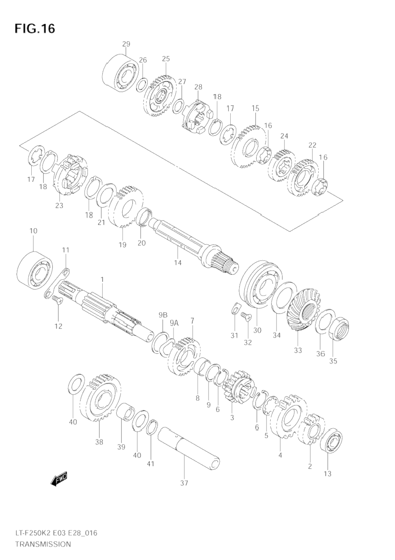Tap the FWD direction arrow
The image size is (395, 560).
pos(58,479)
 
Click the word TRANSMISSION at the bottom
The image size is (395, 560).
pos(43,544)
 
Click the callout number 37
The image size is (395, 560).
pos(184,483)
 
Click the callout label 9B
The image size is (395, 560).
pos(163,314)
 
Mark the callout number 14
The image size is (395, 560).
pos(178,262)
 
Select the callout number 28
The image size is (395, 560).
pos(198,87)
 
